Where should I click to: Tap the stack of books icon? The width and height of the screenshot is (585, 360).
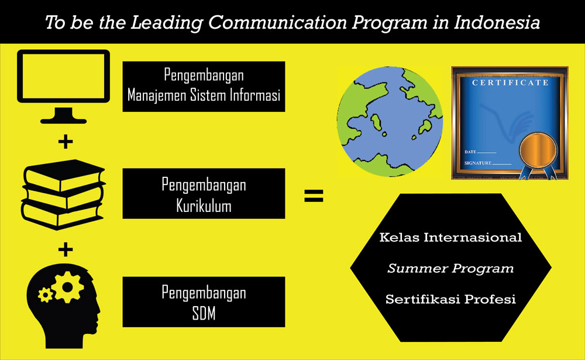point(63,194)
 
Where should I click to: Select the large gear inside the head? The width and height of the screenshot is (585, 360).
point(68,287)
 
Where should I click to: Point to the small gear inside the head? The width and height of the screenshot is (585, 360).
point(46,295)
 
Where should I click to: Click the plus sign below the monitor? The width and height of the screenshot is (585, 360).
point(66,142)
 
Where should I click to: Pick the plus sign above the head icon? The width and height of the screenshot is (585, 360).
point(66,249)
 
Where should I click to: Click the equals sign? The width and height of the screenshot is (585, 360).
point(314,196)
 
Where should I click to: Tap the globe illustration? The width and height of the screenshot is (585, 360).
point(390,121)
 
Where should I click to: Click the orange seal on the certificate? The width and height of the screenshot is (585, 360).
point(538,151)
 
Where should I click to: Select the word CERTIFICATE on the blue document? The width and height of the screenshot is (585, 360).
point(510,83)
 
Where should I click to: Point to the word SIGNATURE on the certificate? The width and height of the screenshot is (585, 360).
point(477,163)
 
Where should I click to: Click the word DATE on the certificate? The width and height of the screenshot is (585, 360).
point(470,152)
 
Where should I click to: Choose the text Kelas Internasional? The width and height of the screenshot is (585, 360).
point(450,238)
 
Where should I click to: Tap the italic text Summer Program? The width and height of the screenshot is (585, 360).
point(450,269)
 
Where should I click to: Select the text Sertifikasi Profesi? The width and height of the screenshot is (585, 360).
point(450,299)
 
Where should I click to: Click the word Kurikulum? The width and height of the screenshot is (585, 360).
point(204,206)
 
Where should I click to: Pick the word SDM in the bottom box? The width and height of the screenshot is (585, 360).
point(204,313)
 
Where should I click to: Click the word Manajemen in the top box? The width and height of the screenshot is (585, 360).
point(157,95)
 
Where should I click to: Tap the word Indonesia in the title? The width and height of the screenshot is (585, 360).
point(497,22)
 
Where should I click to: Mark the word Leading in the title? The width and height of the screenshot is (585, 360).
point(166,23)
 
